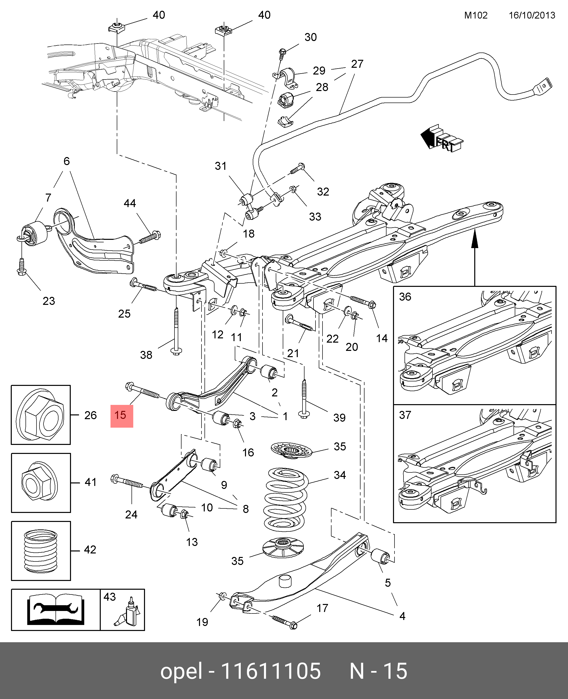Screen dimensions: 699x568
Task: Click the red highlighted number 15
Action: (x=121, y=416)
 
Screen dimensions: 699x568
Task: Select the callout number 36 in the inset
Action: (x=405, y=297)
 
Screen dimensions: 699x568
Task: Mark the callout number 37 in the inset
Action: (x=405, y=415)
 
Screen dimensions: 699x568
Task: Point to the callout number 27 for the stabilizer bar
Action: (x=357, y=64)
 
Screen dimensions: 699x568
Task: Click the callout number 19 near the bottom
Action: (x=202, y=622)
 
